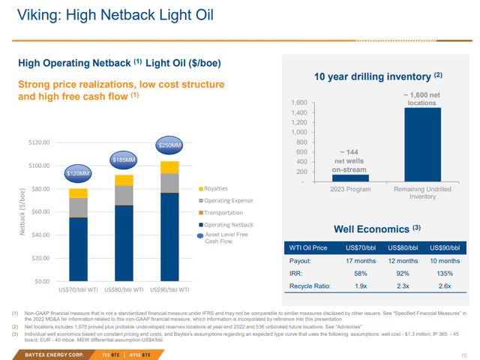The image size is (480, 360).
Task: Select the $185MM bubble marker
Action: [x=124, y=160]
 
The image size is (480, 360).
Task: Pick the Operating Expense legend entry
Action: [x=225, y=200]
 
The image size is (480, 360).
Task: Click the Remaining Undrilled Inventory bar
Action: [x=423, y=144]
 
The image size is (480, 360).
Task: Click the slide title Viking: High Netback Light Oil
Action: [x=98, y=14]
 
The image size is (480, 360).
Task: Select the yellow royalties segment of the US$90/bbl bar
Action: [x=171, y=166]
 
